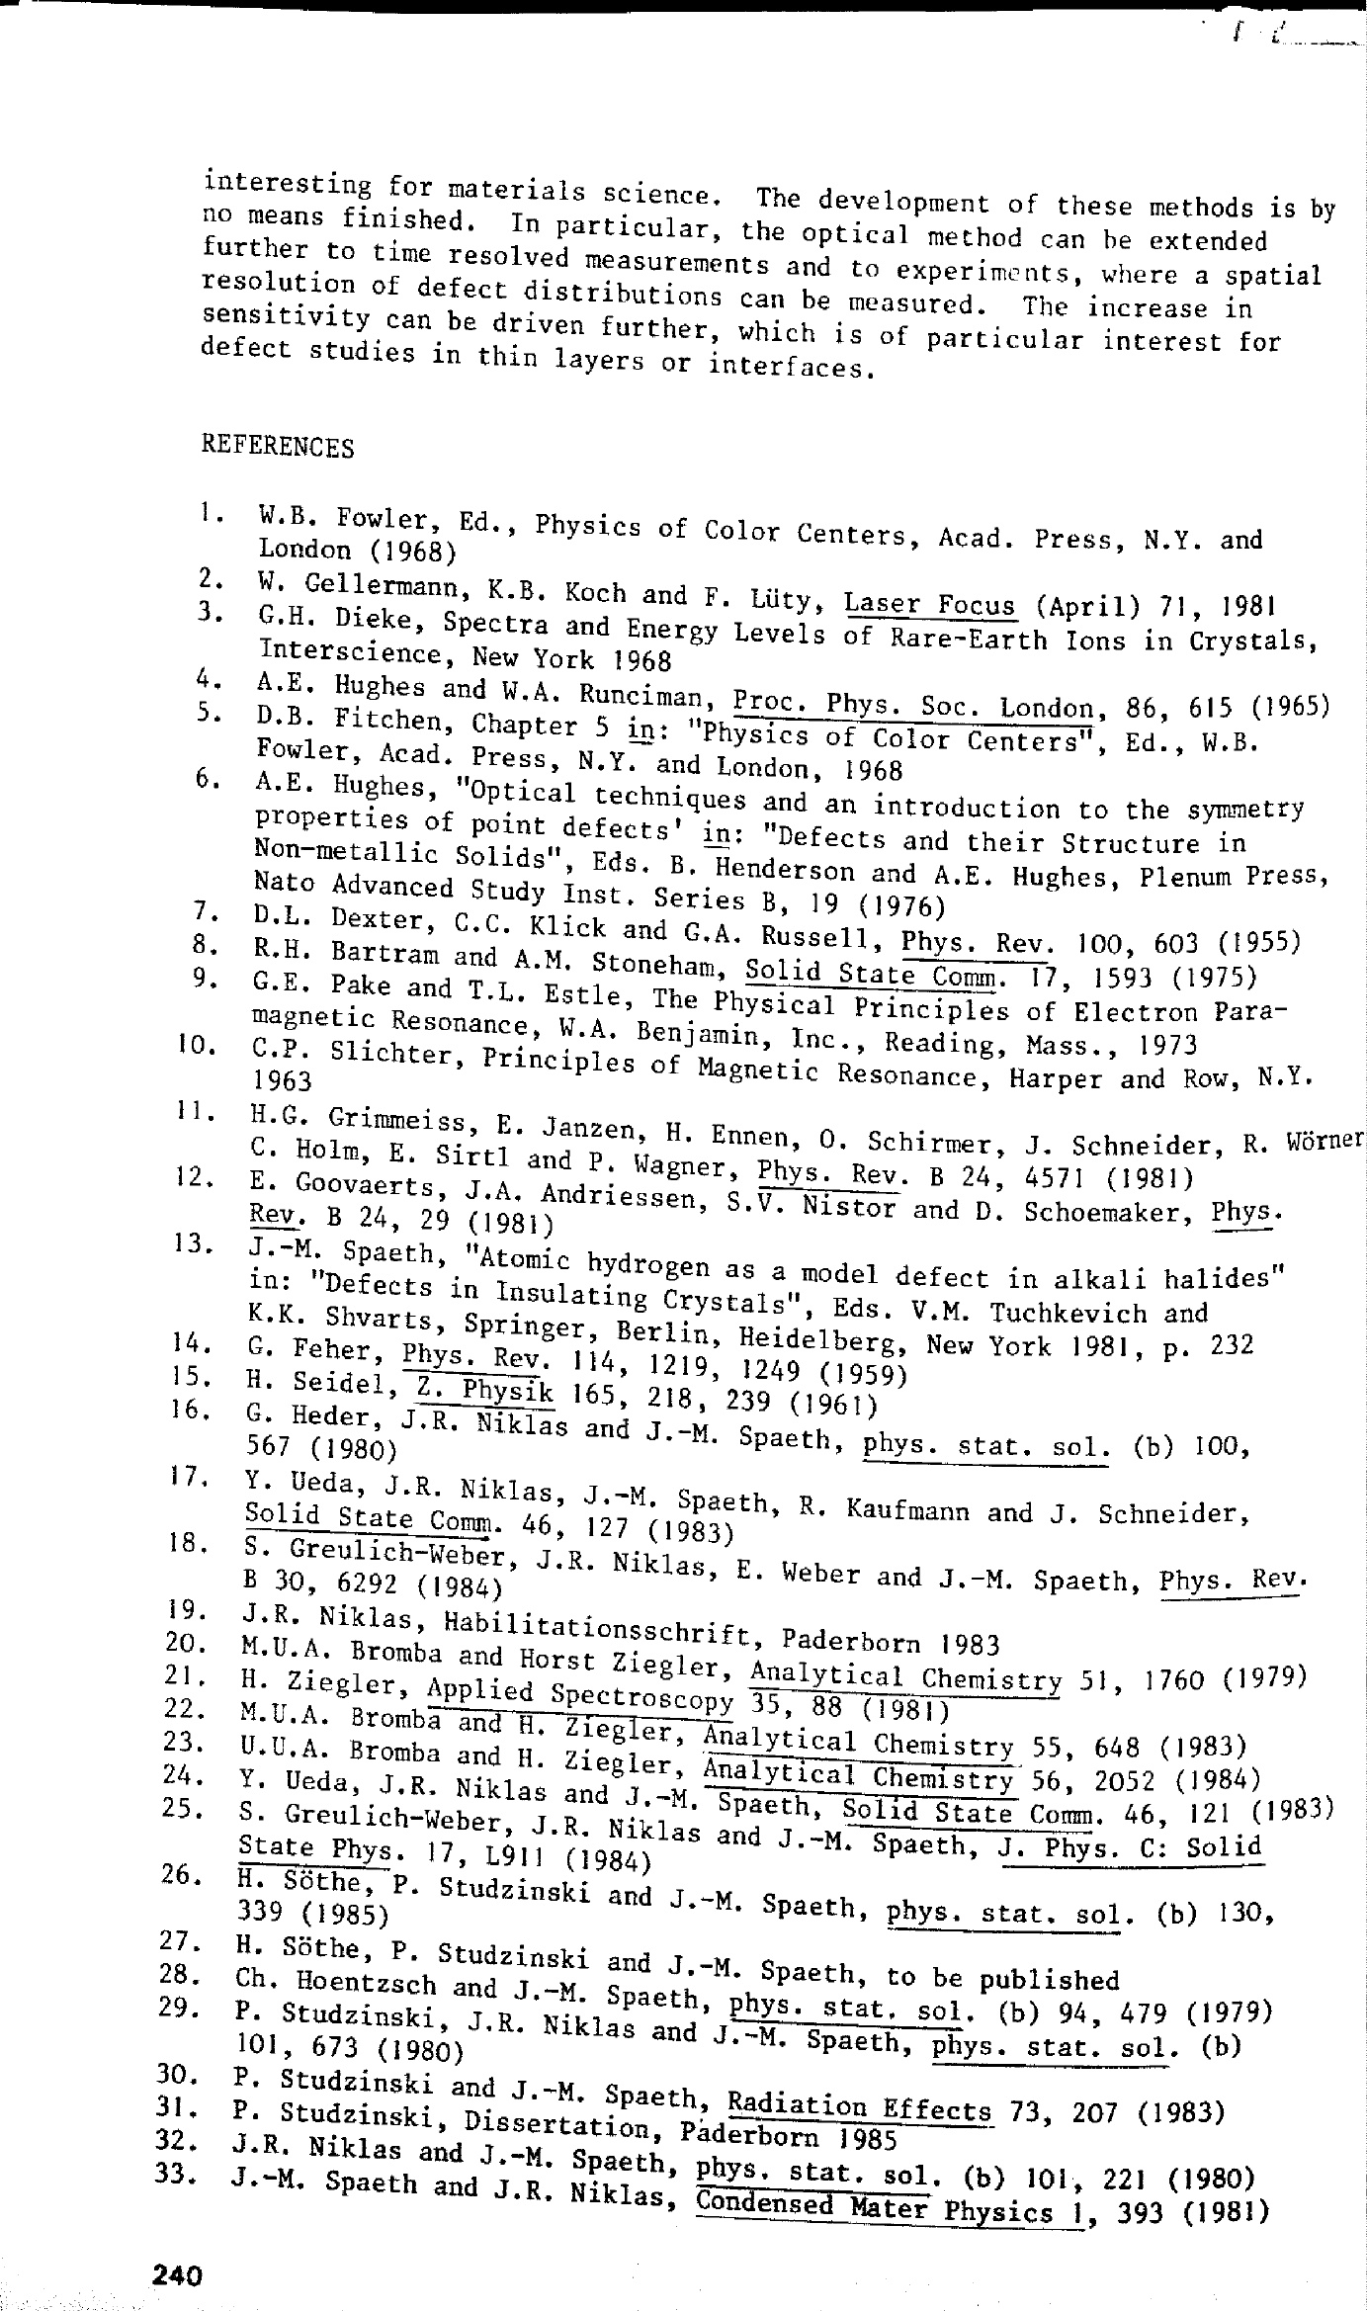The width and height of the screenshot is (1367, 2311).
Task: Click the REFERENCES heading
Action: [x=278, y=447]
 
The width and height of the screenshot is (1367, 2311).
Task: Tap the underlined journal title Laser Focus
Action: [x=929, y=603]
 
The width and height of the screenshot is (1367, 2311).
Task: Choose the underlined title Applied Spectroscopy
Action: [x=580, y=1692]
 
